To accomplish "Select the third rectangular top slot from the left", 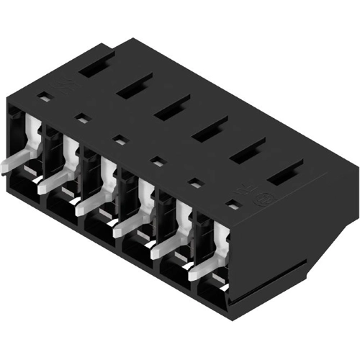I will tap(171, 109).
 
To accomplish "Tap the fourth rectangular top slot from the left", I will tap(210, 130).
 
